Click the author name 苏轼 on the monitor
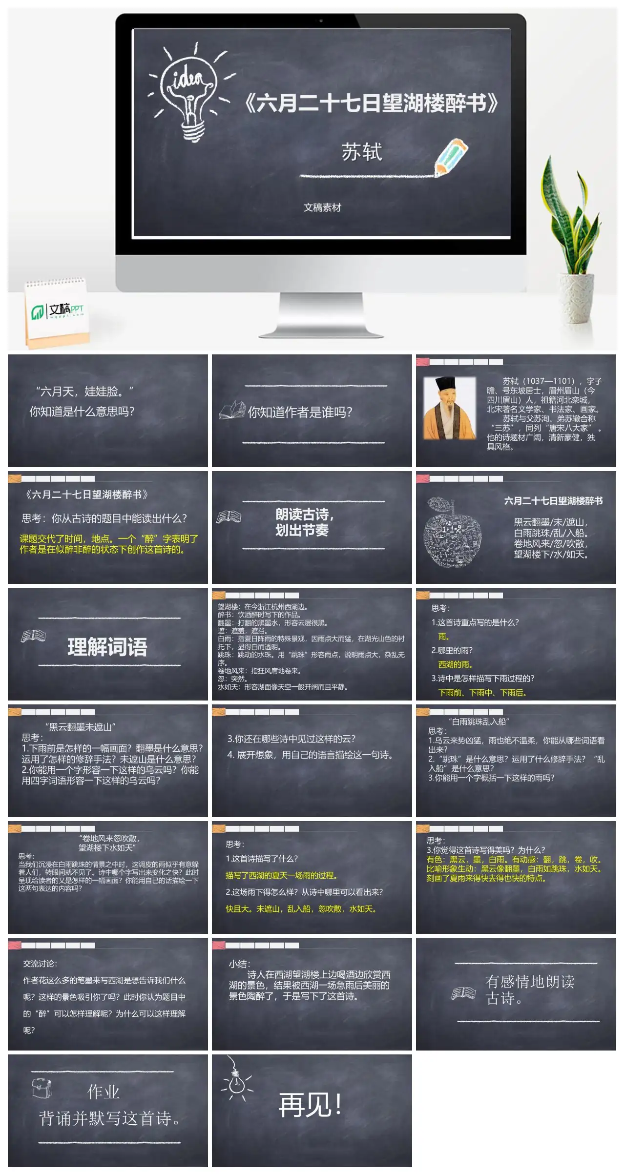click(361, 152)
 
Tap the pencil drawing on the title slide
click(452, 156)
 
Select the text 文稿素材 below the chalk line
click(322, 207)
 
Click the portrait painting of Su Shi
click(449, 408)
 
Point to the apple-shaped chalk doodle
click(452, 532)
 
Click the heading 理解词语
click(107, 647)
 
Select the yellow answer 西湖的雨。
click(455, 664)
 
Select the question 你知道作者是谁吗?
click(300, 412)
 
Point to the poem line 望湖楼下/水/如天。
click(551, 555)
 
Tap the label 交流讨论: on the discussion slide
click(40, 964)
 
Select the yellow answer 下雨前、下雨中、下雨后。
click(482, 693)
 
